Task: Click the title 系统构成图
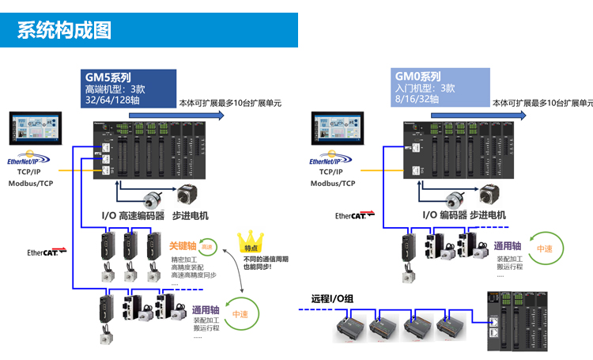(64, 30)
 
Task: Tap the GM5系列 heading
(108, 78)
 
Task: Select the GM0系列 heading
(418, 77)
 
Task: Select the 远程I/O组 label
(332, 299)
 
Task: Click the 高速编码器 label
(143, 214)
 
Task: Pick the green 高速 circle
(206, 247)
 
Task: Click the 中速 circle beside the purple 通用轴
(545, 248)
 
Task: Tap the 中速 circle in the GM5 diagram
(240, 313)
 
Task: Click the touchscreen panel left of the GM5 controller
(36, 128)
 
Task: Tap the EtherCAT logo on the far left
(47, 252)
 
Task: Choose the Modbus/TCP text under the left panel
(31, 183)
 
